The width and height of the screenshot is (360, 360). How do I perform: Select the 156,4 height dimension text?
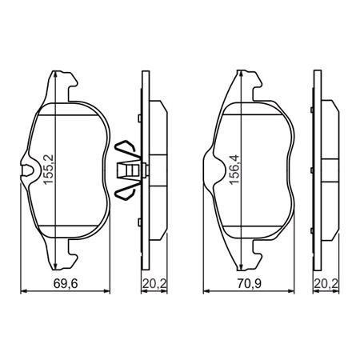click(x=235, y=170)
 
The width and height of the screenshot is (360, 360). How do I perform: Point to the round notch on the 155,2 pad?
click(x=30, y=170)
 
